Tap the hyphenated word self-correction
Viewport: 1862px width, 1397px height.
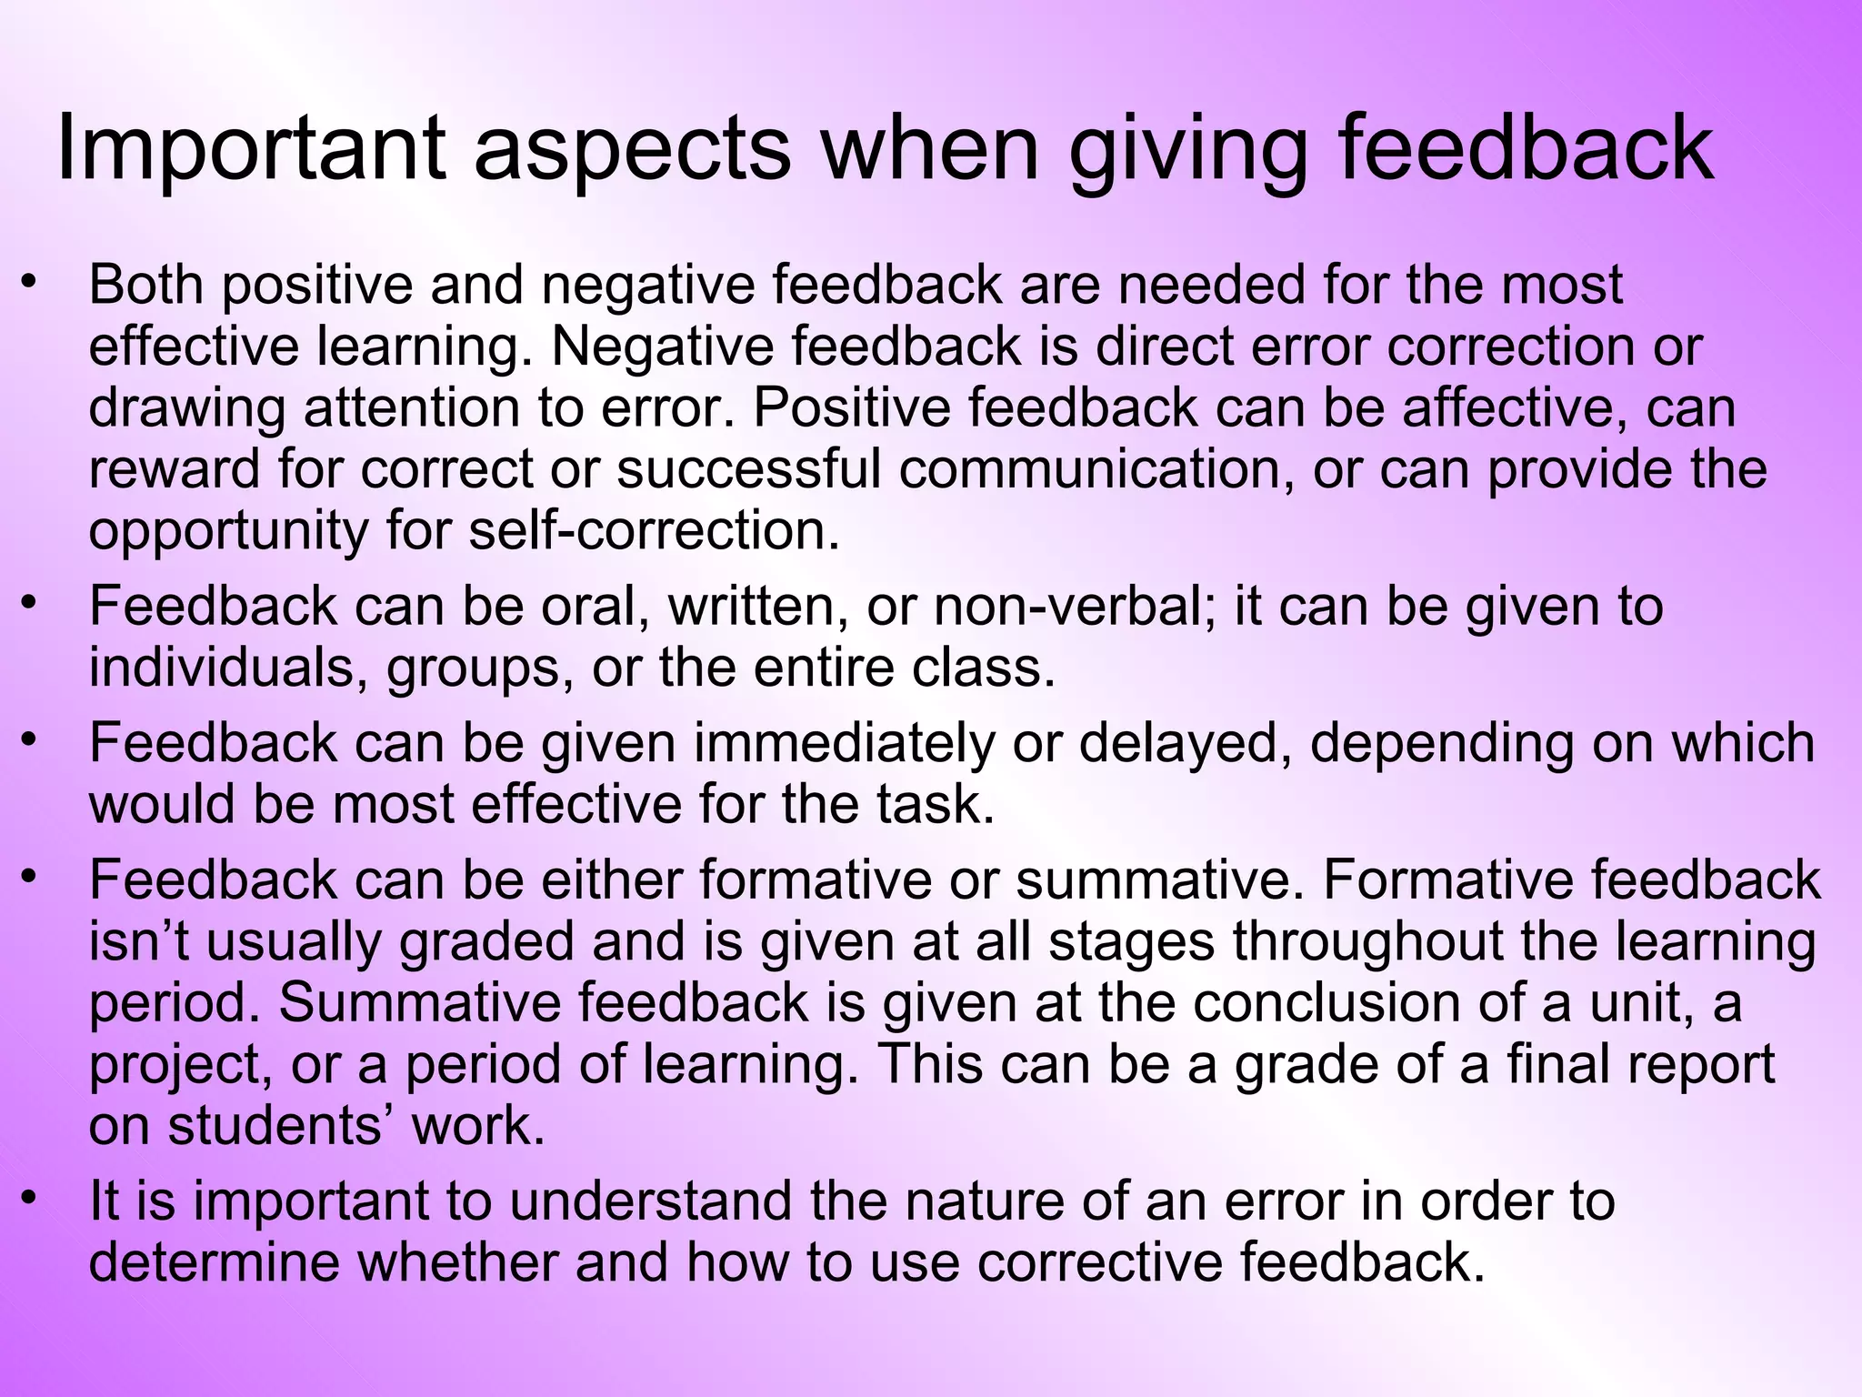(x=654, y=532)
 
